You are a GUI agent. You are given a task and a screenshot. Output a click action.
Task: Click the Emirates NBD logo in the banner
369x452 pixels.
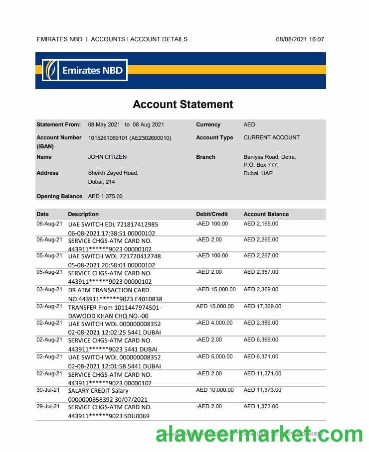coord(85,70)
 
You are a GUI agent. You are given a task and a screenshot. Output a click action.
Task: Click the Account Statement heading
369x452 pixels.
coord(183,105)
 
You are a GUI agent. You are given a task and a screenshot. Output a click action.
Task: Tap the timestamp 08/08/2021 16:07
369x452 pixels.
coord(300,39)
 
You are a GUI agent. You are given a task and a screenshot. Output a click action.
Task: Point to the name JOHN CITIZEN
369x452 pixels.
coord(107,157)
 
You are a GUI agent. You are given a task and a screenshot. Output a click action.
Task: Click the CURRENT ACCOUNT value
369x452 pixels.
coord(271,137)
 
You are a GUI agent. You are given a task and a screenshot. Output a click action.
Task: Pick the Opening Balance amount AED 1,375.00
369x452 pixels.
coord(105,196)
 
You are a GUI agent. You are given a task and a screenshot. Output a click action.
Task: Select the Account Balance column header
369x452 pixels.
coord(266,214)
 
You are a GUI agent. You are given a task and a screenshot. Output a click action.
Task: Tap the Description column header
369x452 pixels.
coord(83,214)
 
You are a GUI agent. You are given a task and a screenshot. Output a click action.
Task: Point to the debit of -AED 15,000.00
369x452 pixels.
coord(216,289)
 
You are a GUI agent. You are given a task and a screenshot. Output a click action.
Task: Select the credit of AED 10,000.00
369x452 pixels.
coord(215,390)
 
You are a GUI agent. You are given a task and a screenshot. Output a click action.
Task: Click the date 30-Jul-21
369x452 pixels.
coord(48,390)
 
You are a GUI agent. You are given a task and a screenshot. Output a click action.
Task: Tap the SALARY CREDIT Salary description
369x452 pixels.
coord(98,391)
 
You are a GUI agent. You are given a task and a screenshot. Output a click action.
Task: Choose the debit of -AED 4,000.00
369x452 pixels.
coord(214,323)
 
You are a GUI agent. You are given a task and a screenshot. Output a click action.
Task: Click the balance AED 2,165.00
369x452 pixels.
coord(261,224)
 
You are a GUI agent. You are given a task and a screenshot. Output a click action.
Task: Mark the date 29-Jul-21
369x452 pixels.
coord(48,407)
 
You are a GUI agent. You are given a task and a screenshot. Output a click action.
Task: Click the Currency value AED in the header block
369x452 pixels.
coord(249,124)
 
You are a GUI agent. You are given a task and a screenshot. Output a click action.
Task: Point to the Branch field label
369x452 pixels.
coord(205,157)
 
